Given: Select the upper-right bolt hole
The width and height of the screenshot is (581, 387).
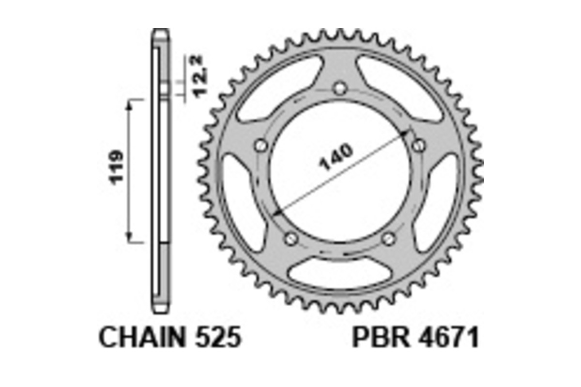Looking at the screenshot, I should coord(419,145).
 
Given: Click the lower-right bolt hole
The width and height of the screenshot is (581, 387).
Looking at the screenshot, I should coord(389,238).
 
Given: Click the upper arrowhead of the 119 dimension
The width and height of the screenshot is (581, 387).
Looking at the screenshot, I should coord(129,105).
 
